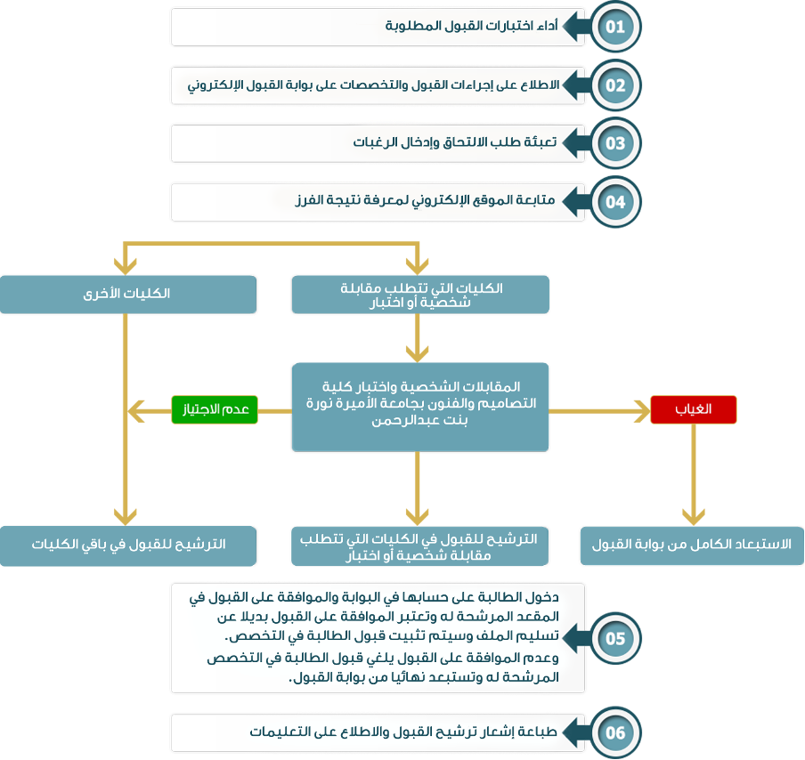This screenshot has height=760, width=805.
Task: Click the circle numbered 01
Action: coord(615,28)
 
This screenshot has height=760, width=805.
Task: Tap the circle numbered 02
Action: coord(615,85)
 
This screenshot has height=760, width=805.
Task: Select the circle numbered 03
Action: coord(615,143)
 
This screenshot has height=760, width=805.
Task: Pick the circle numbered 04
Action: coord(615,201)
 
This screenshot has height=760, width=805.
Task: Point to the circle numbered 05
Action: coord(615,639)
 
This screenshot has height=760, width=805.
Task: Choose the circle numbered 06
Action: coord(615,732)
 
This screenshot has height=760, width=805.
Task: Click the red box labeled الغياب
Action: coord(694,409)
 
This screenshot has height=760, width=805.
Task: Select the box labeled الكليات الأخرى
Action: coord(128,294)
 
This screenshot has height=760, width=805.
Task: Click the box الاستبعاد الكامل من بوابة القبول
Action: coord(692,545)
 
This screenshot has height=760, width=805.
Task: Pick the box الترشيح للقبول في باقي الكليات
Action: coord(128,545)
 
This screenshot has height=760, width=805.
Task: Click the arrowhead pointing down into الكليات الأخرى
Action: coord(126,265)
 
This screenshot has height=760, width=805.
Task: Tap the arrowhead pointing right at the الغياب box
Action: coord(641,410)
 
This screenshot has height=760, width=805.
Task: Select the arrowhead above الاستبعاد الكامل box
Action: coord(694,517)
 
